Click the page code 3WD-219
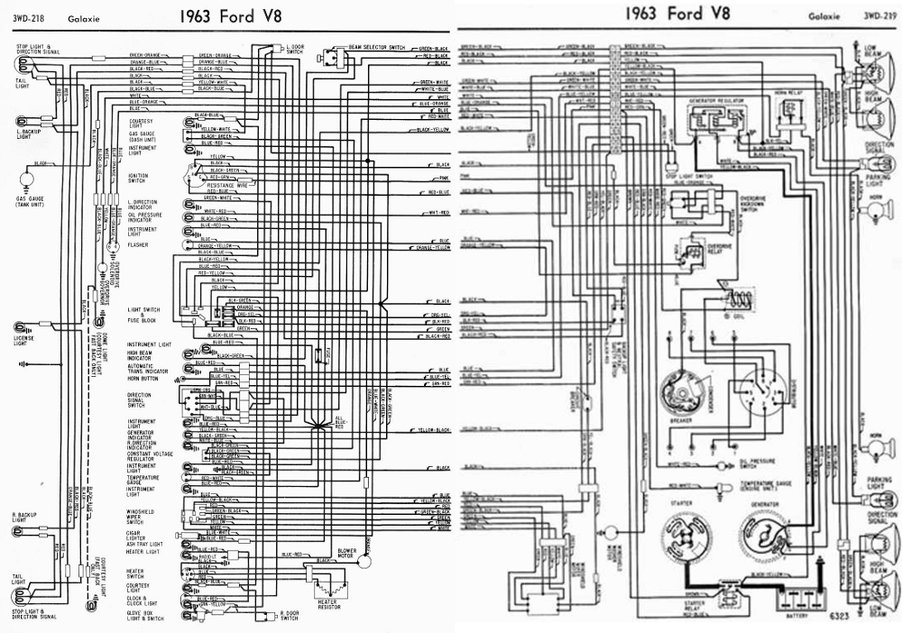click(876, 16)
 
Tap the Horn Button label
click(142, 380)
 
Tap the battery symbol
click(805, 597)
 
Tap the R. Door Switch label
click(289, 617)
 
